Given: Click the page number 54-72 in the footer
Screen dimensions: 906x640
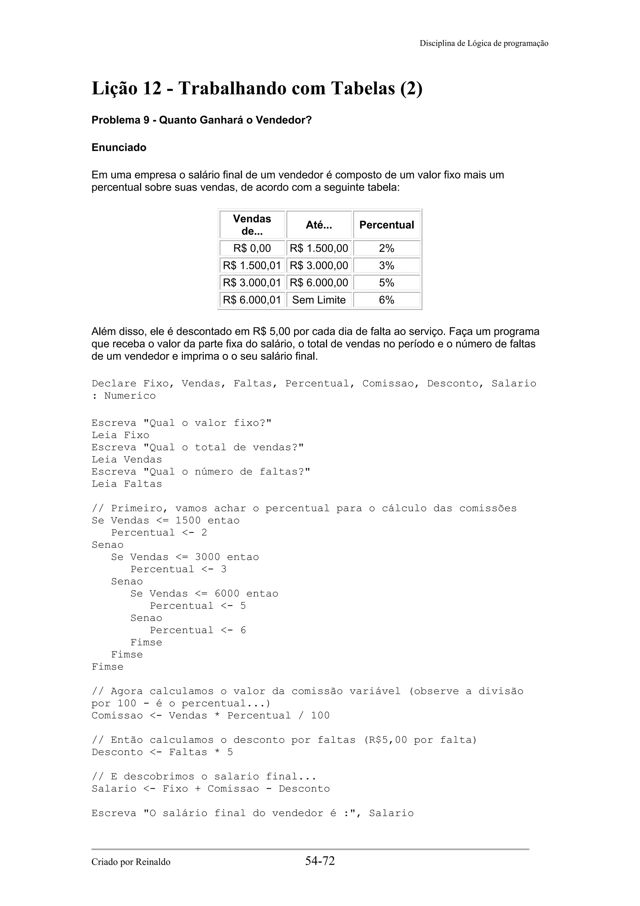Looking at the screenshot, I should click(x=319, y=861).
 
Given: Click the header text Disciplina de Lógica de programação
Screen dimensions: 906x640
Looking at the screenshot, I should click(x=483, y=43).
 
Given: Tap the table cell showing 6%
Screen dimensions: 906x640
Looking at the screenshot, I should click(x=387, y=300).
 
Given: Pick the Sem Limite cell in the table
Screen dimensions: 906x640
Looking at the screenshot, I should click(x=319, y=300).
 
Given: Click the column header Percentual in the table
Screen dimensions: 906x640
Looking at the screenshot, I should click(x=387, y=225).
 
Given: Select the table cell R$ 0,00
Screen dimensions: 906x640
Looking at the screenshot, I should click(x=252, y=248).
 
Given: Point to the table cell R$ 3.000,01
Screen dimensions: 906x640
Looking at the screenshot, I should click(x=252, y=282).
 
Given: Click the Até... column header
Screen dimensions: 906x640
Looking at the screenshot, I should click(x=319, y=225).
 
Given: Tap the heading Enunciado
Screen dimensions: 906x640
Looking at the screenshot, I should click(x=119, y=148).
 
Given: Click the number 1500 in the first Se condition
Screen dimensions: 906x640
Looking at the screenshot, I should click(x=188, y=520).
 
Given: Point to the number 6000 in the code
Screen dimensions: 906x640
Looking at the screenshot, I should click(x=227, y=594).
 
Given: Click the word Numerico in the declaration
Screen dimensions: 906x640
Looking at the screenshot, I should click(x=130, y=396).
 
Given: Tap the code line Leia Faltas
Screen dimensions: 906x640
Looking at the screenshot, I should click(x=127, y=484).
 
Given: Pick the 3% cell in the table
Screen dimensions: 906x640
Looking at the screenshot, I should click(x=387, y=266).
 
